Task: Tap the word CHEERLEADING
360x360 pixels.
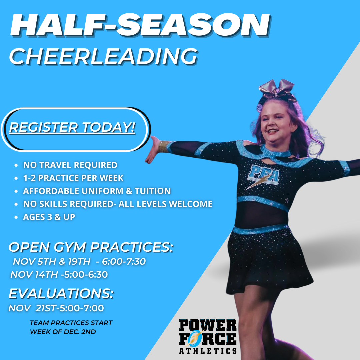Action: point(103,56)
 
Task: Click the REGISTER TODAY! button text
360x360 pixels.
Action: point(72,127)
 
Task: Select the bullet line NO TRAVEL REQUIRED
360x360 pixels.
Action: point(70,165)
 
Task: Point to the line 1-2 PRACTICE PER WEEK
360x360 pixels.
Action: point(73,178)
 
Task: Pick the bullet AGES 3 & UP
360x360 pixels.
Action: point(49,217)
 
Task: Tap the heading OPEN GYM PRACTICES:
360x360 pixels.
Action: point(91,247)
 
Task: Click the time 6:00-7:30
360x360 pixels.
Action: point(124,261)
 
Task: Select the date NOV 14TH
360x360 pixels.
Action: point(34,274)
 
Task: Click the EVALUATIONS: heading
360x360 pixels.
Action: point(61,293)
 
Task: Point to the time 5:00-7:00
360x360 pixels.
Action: point(82,308)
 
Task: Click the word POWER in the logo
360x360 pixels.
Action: point(208,325)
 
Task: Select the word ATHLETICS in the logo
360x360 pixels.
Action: point(208,351)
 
